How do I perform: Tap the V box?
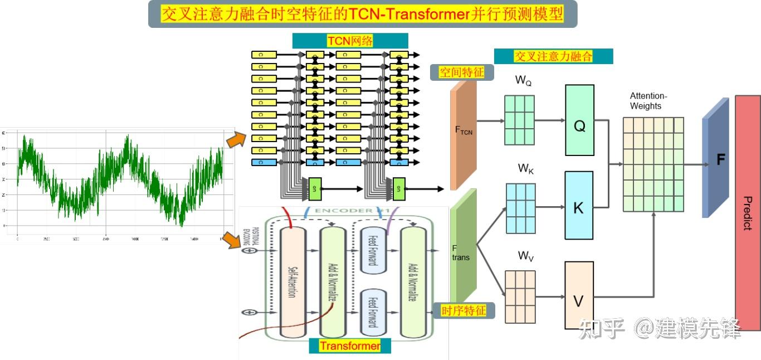(579, 295)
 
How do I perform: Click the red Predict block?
(748, 213)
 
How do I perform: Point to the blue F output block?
(716, 159)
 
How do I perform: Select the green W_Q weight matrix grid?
(519, 120)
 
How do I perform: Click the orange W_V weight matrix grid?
(520, 296)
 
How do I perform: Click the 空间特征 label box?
(462, 72)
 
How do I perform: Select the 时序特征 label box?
(464, 310)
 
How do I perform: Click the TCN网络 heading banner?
(350, 41)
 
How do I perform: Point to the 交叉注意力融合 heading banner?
(553, 56)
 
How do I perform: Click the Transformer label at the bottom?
(350, 346)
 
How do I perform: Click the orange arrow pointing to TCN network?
(236, 139)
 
